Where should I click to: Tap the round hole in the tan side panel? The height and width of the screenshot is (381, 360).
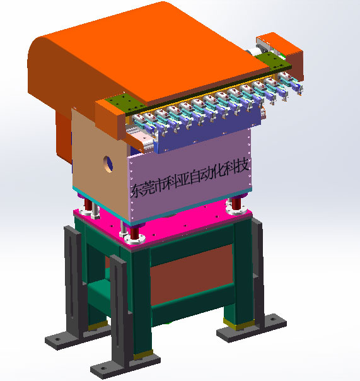pos(108,164)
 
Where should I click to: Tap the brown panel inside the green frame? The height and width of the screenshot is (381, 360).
pos(192,274)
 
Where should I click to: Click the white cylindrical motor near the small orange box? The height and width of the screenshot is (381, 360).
pos(253,52)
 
